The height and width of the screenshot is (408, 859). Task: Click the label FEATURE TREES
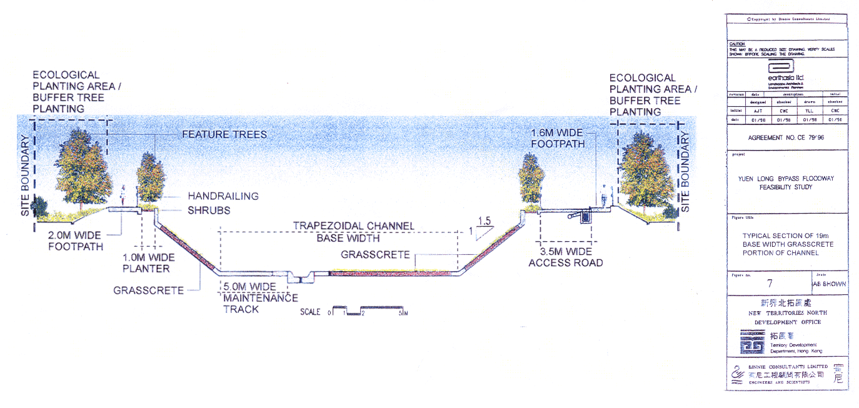tap(224, 134)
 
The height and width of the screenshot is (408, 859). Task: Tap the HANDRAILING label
tap(223, 196)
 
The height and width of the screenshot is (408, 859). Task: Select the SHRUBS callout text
tap(209, 211)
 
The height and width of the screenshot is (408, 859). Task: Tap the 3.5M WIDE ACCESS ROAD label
tap(565, 257)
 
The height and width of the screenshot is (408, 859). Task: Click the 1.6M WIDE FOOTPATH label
tap(558, 138)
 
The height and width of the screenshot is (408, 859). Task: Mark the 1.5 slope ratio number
tap(483, 221)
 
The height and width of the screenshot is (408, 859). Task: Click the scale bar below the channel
tap(368, 311)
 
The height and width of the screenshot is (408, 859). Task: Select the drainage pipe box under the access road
tap(586, 216)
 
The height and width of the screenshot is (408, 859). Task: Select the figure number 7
tap(769, 283)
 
